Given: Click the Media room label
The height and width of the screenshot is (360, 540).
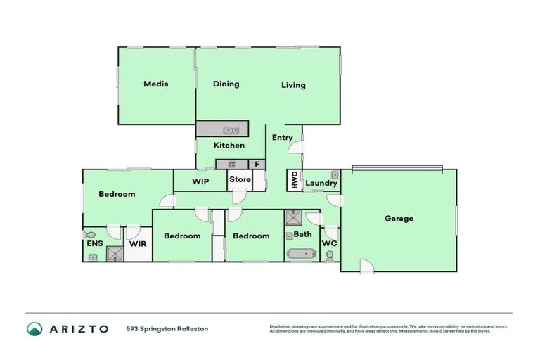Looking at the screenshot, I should pyautogui.click(x=155, y=84).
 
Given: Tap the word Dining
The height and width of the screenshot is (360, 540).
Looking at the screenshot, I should pyautogui.click(x=226, y=84).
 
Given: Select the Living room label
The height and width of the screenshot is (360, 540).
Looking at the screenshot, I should pyautogui.click(x=293, y=85).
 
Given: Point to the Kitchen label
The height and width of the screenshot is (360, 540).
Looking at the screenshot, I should pyautogui.click(x=229, y=146).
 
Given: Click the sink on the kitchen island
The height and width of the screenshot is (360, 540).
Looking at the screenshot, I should pyautogui.click(x=231, y=130).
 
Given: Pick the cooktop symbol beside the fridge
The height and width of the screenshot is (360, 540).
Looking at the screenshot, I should pyautogui.click(x=232, y=165).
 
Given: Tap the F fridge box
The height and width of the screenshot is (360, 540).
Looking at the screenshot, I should pyautogui.click(x=257, y=165).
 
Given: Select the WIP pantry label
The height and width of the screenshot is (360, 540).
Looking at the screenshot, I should pyautogui.click(x=200, y=181).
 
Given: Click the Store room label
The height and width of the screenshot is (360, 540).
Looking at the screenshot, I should pyautogui.click(x=240, y=179).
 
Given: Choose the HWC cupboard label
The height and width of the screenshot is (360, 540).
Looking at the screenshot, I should pyautogui.click(x=293, y=181).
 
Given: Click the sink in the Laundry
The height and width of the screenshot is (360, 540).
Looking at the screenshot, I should pyautogui.click(x=335, y=174).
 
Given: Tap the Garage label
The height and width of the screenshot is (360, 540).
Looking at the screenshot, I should pyautogui.click(x=399, y=218).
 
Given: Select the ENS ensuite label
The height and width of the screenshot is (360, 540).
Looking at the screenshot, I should pyautogui.click(x=95, y=243).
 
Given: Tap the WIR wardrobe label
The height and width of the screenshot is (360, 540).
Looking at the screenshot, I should pyautogui.click(x=138, y=244).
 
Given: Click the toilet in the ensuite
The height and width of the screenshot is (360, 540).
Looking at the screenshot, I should pyautogui.click(x=89, y=234).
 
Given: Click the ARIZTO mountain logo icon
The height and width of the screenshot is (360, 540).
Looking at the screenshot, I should pyautogui.click(x=34, y=328).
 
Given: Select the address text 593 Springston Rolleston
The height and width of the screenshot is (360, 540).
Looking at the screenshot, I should pyautogui.click(x=167, y=328).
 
